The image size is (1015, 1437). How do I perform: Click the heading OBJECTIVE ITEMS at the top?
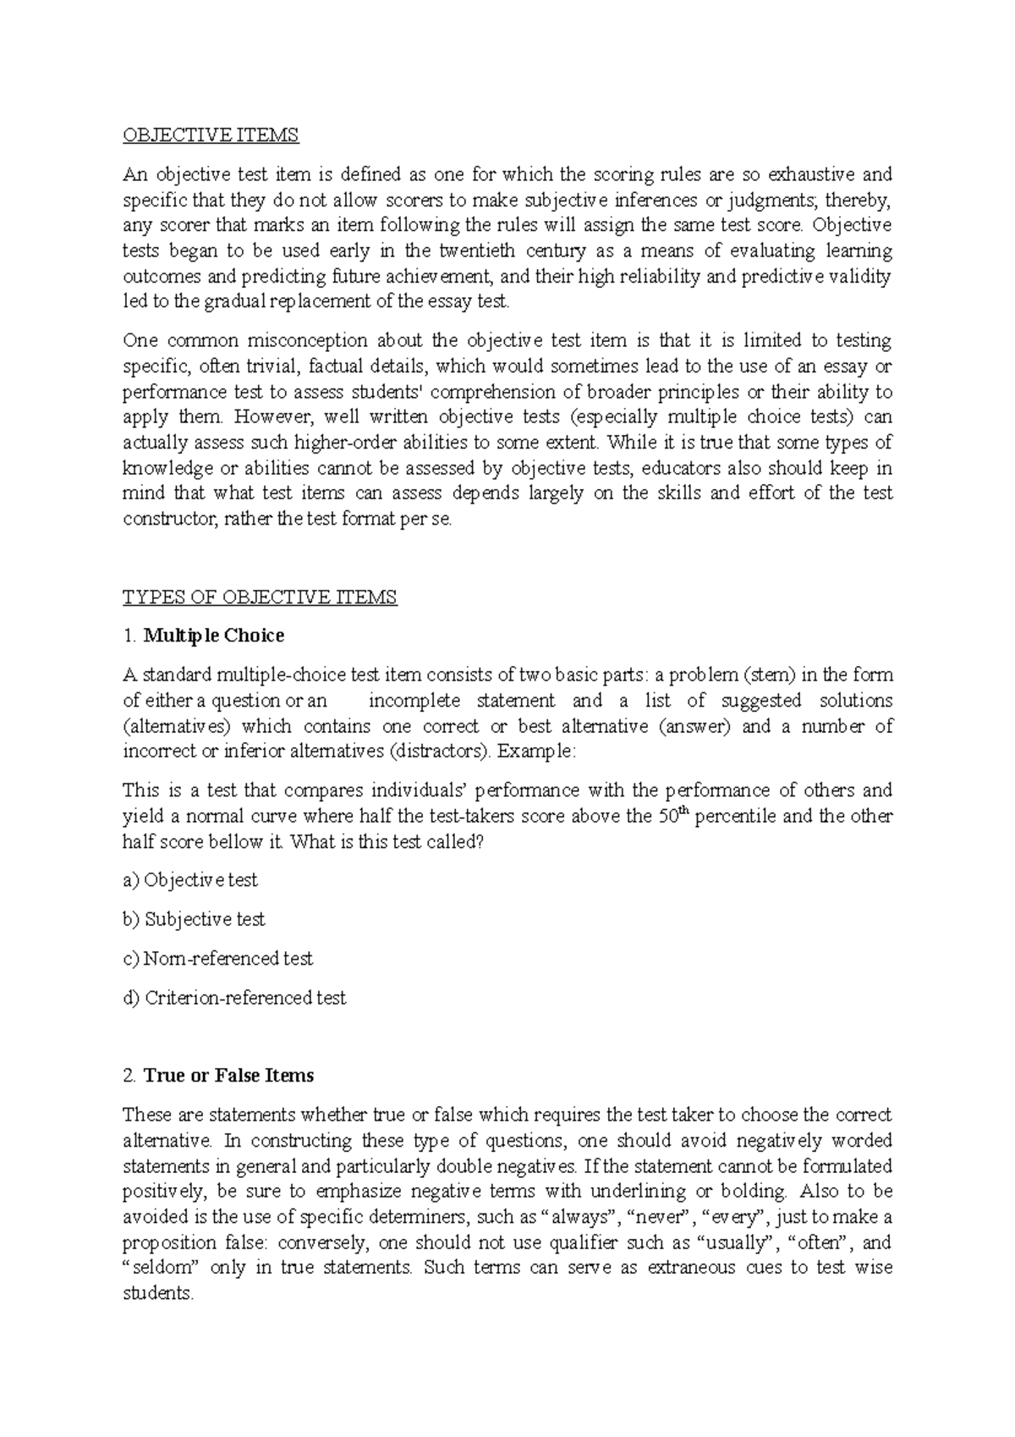pyautogui.click(x=211, y=135)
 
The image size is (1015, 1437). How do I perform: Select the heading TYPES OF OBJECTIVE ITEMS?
pyautogui.click(x=260, y=597)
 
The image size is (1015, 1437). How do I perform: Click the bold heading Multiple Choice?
pyautogui.click(x=214, y=636)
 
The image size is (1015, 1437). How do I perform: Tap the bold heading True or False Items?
pyautogui.click(x=228, y=1076)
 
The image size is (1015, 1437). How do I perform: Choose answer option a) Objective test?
pyautogui.click(x=190, y=880)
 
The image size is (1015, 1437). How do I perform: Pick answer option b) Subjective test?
pyautogui.click(x=194, y=919)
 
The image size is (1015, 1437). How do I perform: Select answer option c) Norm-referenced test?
pyautogui.click(x=217, y=959)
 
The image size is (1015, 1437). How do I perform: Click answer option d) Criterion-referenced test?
pyautogui.click(x=234, y=999)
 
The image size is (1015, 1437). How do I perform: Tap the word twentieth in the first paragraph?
pyautogui.click(x=475, y=251)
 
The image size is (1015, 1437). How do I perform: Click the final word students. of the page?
pyautogui.click(x=158, y=1294)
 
